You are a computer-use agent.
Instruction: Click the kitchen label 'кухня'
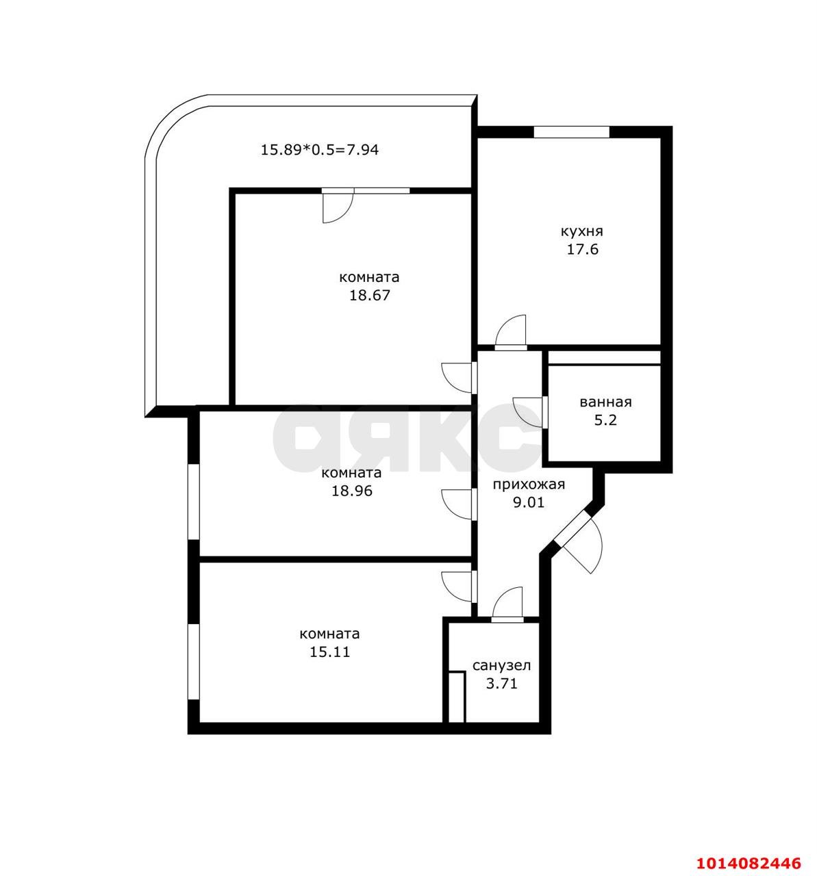581,231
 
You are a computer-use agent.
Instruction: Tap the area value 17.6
581,250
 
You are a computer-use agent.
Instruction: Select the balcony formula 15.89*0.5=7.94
319,149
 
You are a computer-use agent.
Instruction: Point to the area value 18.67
369,296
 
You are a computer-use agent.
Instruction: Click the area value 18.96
351,491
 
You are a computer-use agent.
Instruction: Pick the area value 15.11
329,652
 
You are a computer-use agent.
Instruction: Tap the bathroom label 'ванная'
605,402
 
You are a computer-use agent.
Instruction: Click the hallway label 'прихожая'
529,485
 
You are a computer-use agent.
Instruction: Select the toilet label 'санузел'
501,665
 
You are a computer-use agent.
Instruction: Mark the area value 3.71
501,683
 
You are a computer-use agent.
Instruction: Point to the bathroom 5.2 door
530,413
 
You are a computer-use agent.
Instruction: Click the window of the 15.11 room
193,661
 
